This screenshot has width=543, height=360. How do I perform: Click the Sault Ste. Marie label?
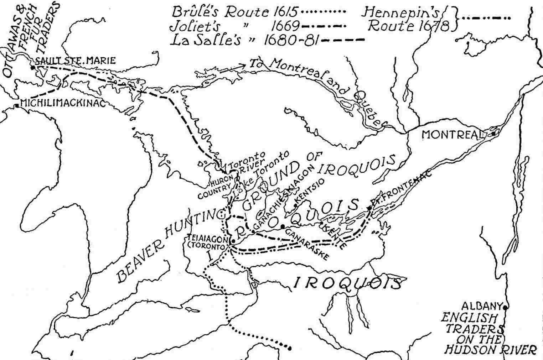(x=77, y=61)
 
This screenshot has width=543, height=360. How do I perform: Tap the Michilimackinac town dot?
(x=17, y=105)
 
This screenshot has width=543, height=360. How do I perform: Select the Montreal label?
(x=450, y=135)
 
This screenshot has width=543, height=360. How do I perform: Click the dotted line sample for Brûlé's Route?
(x=324, y=12)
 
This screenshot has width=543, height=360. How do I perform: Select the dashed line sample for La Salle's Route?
(x=342, y=40)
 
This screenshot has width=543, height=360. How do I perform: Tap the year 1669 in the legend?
(x=284, y=26)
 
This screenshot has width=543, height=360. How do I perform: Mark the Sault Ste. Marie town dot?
(x=33, y=67)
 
